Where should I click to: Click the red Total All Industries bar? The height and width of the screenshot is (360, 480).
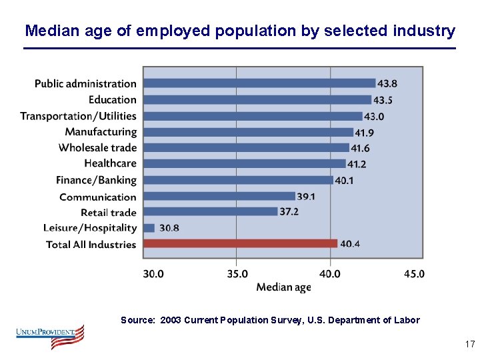(240, 243)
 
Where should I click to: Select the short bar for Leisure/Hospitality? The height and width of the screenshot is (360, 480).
(149, 228)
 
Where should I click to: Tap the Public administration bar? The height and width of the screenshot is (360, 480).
(259, 83)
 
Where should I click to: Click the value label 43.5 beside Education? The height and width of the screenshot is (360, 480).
(383, 100)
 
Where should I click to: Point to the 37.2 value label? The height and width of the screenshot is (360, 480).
(289, 211)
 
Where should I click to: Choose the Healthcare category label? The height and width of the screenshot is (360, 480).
(110, 163)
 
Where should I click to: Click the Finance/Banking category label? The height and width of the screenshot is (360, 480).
(96, 180)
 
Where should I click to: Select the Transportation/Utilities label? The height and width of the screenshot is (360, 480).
(78, 116)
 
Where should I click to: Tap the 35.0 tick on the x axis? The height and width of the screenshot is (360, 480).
(237, 273)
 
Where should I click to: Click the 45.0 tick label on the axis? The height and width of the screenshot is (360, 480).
(414, 273)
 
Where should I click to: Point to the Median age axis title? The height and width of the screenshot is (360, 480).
(284, 287)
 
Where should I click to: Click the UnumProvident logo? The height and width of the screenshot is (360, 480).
(50, 337)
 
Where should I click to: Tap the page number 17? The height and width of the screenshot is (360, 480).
(469, 345)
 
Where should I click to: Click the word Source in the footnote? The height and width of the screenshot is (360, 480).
(137, 320)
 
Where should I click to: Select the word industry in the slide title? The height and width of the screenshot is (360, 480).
(424, 31)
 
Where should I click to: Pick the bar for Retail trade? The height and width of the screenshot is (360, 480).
(210, 211)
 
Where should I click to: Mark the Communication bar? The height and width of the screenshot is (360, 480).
(219, 196)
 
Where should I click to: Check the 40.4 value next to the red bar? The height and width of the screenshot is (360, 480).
(350, 244)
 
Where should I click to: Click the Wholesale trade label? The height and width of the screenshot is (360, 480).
(97, 147)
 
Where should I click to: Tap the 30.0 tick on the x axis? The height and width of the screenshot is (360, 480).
(153, 273)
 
